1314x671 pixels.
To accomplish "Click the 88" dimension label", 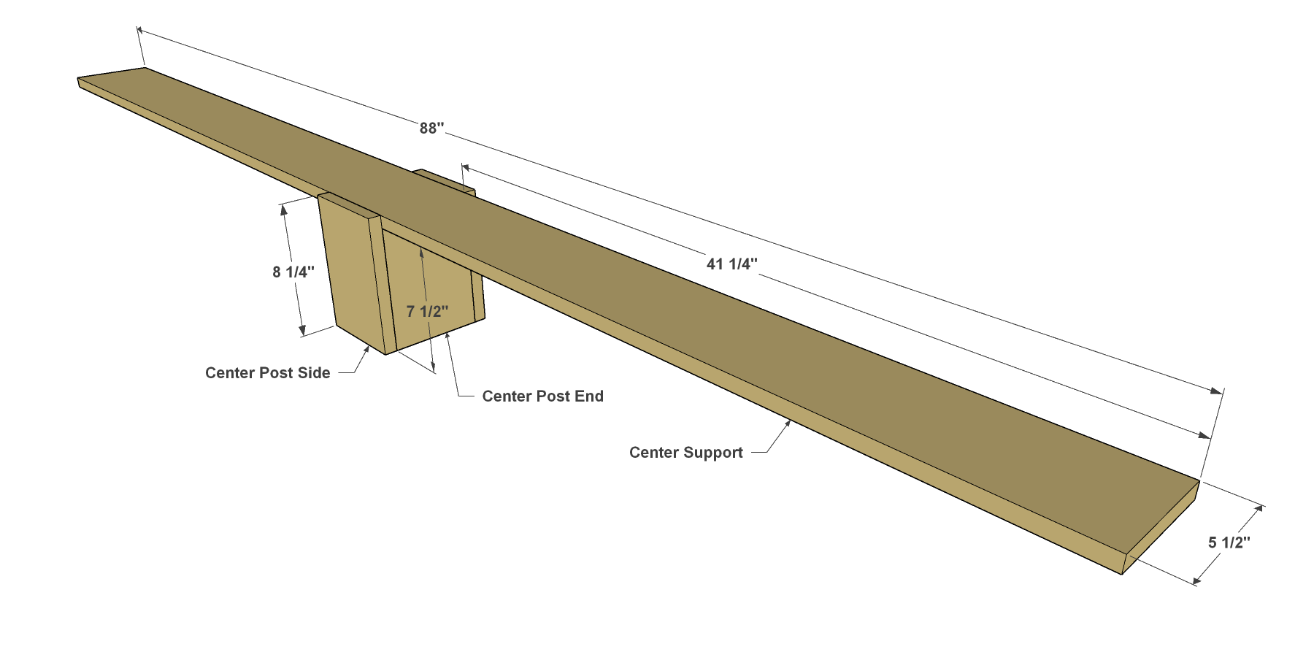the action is click(x=431, y=129).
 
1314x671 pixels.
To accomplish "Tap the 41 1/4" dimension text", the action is click(x=731, y=264).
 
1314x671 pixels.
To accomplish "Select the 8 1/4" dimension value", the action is click(x=293, y=272).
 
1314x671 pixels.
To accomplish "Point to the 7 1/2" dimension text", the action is click(x=427, y=312).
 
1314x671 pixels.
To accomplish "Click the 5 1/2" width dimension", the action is click(x=1229, y=542).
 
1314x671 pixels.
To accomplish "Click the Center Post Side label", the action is click(x=268, y=373).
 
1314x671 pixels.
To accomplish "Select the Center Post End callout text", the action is click(x=543, y=396).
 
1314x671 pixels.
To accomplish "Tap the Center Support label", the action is click(x=686, y=453).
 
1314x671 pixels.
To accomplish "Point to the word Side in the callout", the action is click(x=314, y=373).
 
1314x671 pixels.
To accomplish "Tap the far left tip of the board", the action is click(x=78, y=79).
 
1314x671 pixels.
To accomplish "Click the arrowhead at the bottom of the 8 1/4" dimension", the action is click(x=301, y=331).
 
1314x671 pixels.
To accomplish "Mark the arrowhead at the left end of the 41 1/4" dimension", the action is click(x=468, y=168).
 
